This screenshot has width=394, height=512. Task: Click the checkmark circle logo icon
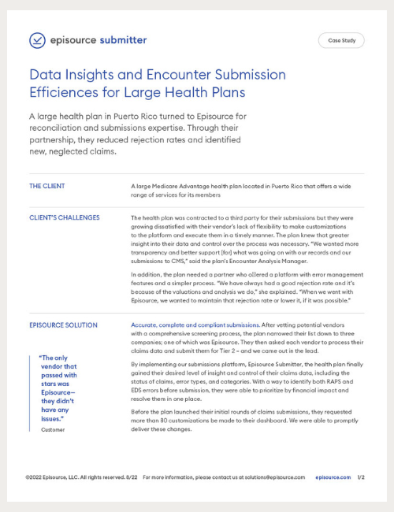coord(37,40)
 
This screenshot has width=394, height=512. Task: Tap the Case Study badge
coord(340,40)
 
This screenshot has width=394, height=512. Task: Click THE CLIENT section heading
coord(47,187)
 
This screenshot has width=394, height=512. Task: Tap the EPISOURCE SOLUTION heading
coord(63,325)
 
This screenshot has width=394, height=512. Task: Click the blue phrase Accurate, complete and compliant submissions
coord(195,325)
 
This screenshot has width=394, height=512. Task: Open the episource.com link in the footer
coord(332,477)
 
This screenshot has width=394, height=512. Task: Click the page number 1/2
coord(361,477)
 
